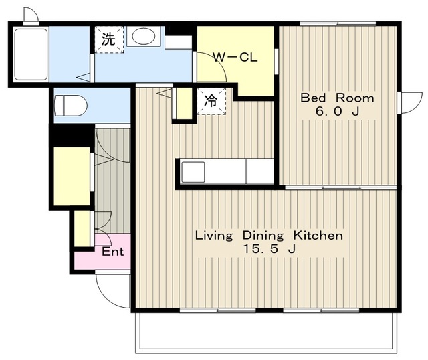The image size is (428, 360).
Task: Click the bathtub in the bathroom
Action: click(31, 54)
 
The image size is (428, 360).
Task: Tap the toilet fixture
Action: click(71, 106)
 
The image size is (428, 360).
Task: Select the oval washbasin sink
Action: click(143, 36)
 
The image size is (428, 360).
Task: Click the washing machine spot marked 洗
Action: click(109, 39)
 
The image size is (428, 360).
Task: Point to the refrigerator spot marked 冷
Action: click(211, 101)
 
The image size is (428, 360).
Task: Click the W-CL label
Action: click(235, 58)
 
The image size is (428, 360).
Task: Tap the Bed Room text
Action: click(337, 98)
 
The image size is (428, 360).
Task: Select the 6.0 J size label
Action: click(337, 111)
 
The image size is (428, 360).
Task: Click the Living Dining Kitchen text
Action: click(269, 236)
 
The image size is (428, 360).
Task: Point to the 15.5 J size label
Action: click(270, 249)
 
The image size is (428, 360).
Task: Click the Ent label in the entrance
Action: click(113, 252)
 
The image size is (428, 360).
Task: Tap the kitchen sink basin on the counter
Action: click(193, 172)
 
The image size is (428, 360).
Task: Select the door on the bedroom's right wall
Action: click(409, 102)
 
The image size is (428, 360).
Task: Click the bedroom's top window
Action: click(338, 23)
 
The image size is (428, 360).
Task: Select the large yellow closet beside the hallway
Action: click(72, 176)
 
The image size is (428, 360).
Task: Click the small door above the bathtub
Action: click(31, 16)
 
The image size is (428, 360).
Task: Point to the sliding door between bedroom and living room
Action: click(341, 187)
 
